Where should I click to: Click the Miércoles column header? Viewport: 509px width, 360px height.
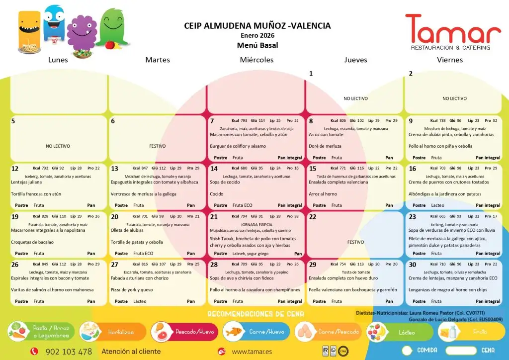(x=256, y=60)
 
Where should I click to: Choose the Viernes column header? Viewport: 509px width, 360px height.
(x=450, y=60)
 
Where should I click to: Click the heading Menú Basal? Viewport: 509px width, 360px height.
(x=257, y=45)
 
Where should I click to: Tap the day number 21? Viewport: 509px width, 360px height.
(x=214, y=217)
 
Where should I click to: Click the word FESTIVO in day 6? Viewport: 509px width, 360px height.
(x=158, y=147)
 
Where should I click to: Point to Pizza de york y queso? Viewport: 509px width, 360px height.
(x=132, y=290)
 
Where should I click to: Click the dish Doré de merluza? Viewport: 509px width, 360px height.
(x=327, y=146)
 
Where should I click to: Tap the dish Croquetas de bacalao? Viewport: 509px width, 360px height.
(x=32, y=243)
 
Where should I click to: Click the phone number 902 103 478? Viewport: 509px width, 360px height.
(x=69, y=352)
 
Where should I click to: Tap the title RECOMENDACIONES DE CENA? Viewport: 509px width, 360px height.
(x=255, y=314)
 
